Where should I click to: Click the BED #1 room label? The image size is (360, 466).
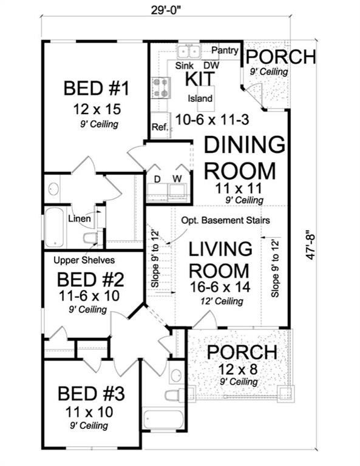pos(97,89)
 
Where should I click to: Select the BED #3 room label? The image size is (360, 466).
pos(91,394)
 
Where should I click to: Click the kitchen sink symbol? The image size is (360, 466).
pos(189,51)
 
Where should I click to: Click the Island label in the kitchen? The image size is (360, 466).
pos(200,98)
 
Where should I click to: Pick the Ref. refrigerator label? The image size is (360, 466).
pos(160,127)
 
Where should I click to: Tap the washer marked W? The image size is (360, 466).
pos(178,179)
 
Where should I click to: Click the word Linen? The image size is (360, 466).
pos(80,218)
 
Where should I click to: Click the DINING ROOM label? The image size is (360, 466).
pos(243,158)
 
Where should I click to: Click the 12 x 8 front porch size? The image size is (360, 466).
pos(242,370)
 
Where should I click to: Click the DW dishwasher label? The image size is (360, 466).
pos(211,65)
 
